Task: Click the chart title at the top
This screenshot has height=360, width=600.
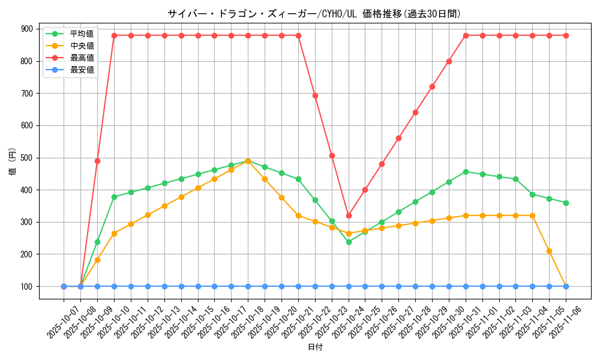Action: point(314,14)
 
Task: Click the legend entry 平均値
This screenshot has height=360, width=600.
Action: point(82,34)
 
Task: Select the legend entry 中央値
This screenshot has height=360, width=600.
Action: point(82,46)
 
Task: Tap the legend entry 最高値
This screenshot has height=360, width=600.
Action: point(82,58)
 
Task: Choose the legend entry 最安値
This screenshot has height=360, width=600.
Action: point(82,70)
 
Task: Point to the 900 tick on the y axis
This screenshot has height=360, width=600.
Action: point(27,29)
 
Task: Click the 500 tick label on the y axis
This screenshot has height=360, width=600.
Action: point(27,158)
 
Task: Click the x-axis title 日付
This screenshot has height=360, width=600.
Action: point(314,347)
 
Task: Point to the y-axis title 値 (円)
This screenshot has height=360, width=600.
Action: point(12,163)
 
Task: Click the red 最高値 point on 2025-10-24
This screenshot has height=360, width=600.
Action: point(349,215)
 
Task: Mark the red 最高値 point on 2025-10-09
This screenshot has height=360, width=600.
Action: point(97,161)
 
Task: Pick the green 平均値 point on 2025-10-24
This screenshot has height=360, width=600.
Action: point(349,242)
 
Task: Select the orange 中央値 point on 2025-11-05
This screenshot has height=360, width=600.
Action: point(549,251)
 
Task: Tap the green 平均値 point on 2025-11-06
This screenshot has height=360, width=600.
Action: point(566,203)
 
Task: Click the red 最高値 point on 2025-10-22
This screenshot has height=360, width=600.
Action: point(315,95)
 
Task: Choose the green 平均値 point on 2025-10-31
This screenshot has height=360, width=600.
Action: point(466,172)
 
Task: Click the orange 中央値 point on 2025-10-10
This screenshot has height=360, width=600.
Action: point(114,233)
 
